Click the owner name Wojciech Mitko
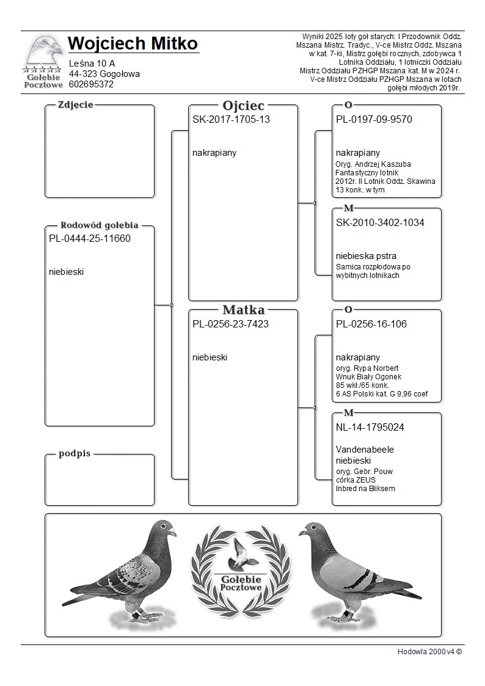133,44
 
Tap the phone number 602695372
92,84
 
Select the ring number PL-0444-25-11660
90,239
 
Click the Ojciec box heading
243,106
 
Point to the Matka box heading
243,310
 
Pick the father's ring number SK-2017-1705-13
231,120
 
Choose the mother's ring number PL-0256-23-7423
230,324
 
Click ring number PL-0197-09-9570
374,120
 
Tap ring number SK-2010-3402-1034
380,223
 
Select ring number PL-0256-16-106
371,324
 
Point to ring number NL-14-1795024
370,428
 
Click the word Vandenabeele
365,450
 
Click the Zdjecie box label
75,104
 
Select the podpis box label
75,453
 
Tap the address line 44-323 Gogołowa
104,74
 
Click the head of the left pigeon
164,528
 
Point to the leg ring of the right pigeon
346,611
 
